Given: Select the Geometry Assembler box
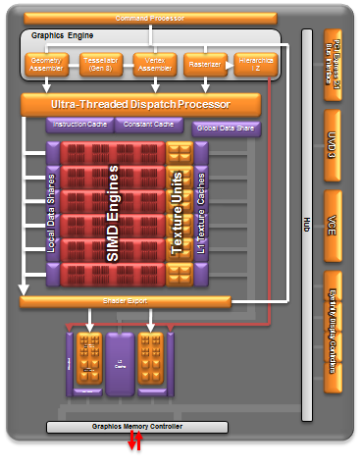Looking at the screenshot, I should (43, 64).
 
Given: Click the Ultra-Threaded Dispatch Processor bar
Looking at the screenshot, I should (140, 104).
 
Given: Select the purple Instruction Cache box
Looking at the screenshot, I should (78, 125).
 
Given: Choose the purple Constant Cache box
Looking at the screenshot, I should (148, 125).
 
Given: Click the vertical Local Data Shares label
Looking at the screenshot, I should (52, 213).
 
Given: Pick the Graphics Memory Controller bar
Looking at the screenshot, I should (136, 427).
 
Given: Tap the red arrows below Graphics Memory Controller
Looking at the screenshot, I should (136, 446).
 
